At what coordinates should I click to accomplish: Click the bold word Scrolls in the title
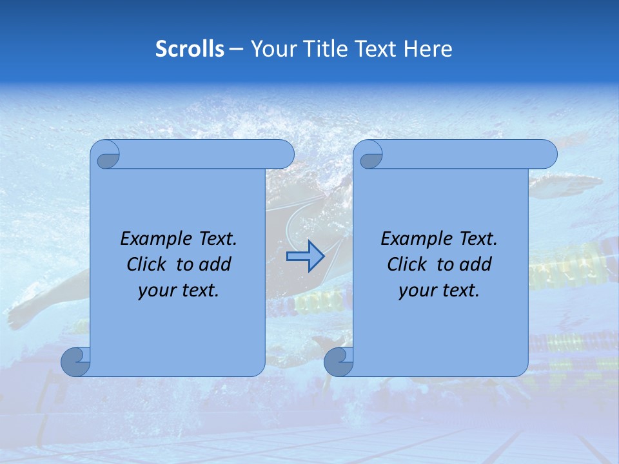point(190,49)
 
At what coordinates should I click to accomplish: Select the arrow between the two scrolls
point(305,256)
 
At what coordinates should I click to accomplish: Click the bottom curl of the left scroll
point(75,362)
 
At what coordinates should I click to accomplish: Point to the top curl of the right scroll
point(369,155)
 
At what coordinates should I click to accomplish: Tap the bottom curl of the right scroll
point(338,362)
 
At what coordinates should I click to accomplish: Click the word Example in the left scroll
point(152,238)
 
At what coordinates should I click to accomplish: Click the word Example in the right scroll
point(413,238)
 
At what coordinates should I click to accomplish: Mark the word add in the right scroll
point(476,264)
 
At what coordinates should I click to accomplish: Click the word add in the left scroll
point(215,264)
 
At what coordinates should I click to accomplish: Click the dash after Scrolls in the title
point(236,49)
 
